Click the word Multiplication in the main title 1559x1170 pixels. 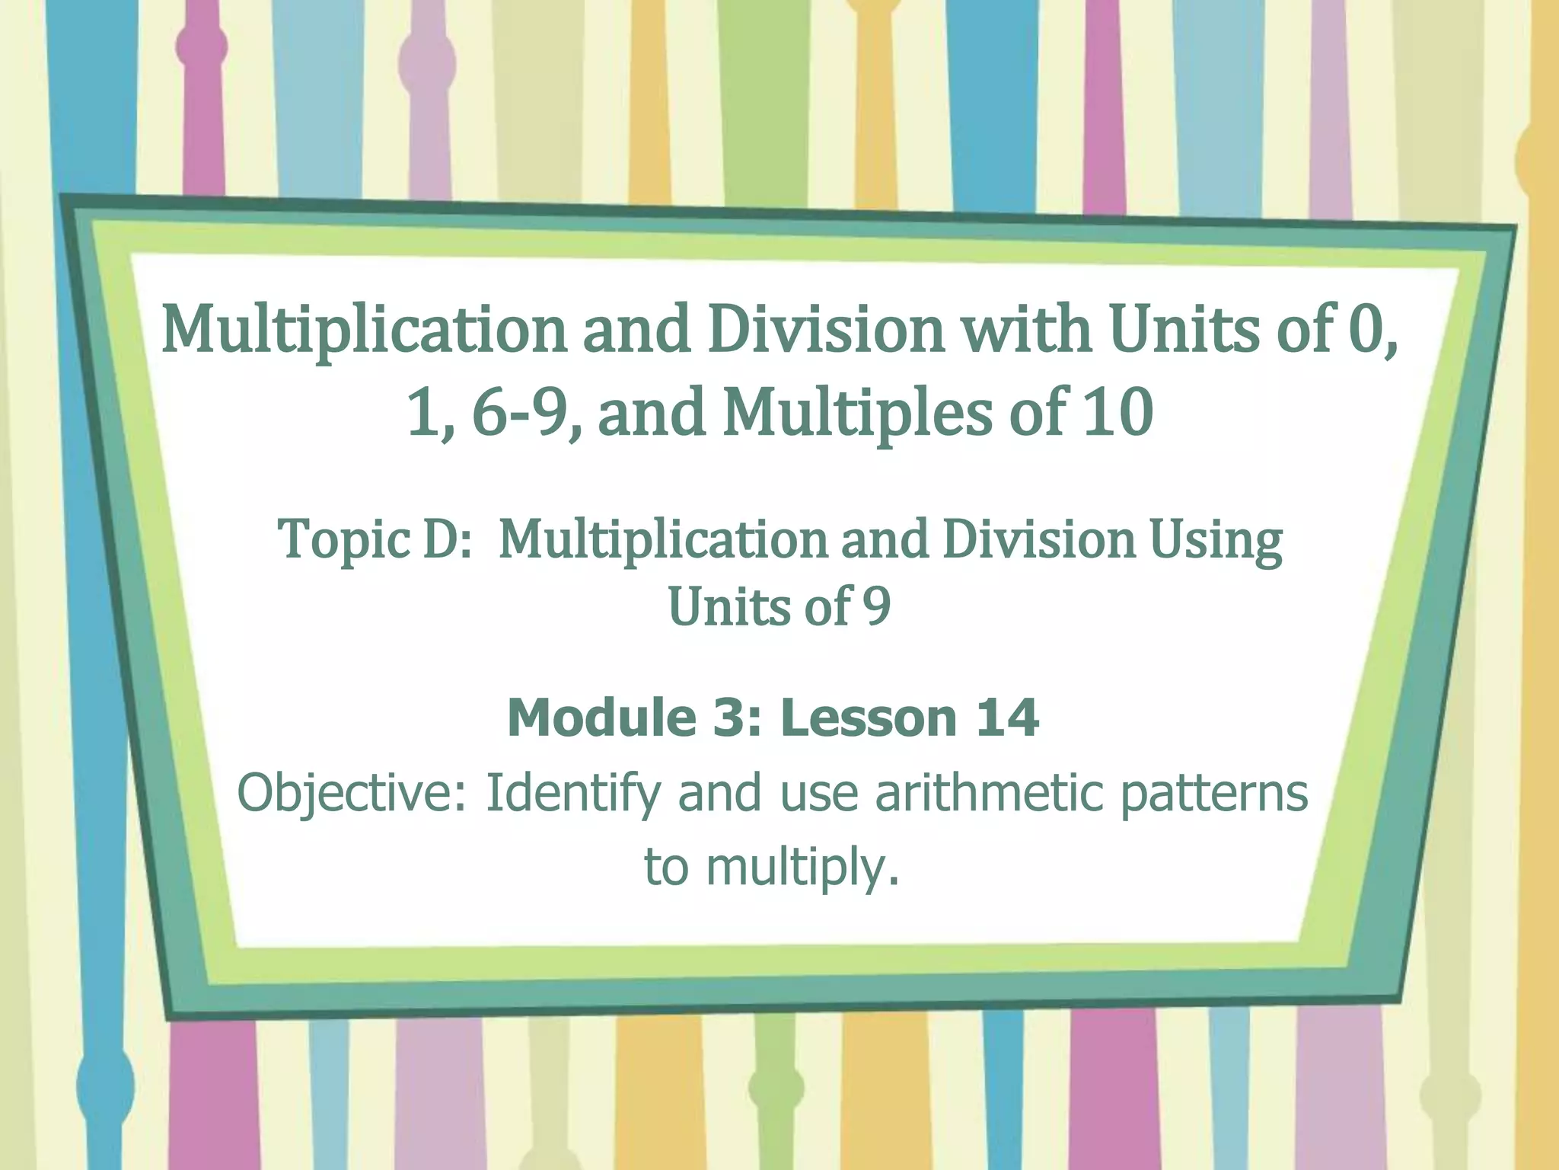pos(364,329)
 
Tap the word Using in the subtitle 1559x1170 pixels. pos(1216,540)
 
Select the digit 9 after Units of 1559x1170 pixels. pos(877,607)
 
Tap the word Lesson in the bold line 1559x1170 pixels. pos(869,718)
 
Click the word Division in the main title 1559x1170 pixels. pos(825,329)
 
